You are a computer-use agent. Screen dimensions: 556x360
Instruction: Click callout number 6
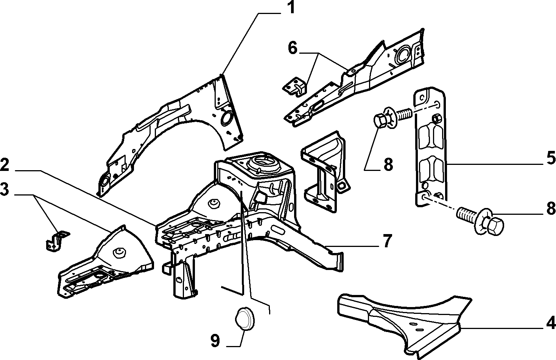pos(293,48)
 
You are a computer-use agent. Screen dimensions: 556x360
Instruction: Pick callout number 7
pos(387,241)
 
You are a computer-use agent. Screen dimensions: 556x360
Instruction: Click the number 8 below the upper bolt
pos(388,164)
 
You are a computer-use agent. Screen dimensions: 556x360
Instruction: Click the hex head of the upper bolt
pos(380,121)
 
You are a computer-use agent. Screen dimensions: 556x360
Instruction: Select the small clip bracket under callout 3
pos(57,241)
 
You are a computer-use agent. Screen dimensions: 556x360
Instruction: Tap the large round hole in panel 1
pos(227,117)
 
